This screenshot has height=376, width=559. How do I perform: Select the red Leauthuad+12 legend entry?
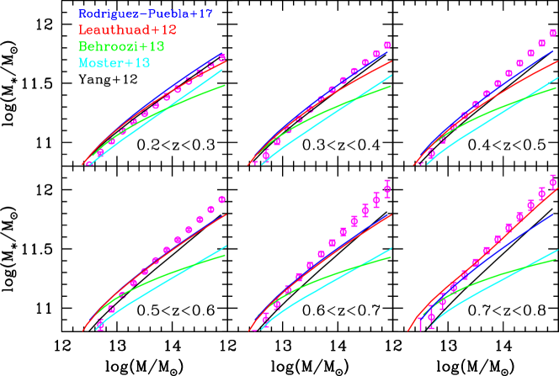[127, 30]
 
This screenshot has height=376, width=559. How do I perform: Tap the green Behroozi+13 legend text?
[121, 46]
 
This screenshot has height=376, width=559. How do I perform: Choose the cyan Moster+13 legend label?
[114, 63]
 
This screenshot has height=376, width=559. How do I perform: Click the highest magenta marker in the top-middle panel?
[387, 45]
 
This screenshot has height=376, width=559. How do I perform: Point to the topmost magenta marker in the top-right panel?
[553, 34]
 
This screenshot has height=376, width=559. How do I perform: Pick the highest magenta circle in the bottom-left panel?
[221, 199]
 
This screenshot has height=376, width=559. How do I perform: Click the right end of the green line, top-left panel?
[225, 85]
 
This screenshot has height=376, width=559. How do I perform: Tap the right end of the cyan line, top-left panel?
[223, 70]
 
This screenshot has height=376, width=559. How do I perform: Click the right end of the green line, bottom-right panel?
[556, 259]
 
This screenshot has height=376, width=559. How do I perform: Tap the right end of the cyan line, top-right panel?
[557, 78]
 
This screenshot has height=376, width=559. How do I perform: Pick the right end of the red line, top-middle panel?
[392, 61]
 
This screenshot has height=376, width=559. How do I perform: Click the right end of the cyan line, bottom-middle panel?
[391, 249]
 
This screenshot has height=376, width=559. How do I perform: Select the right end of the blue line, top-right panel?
[554, 50]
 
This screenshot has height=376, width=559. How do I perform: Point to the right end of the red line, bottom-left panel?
[226, 214]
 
